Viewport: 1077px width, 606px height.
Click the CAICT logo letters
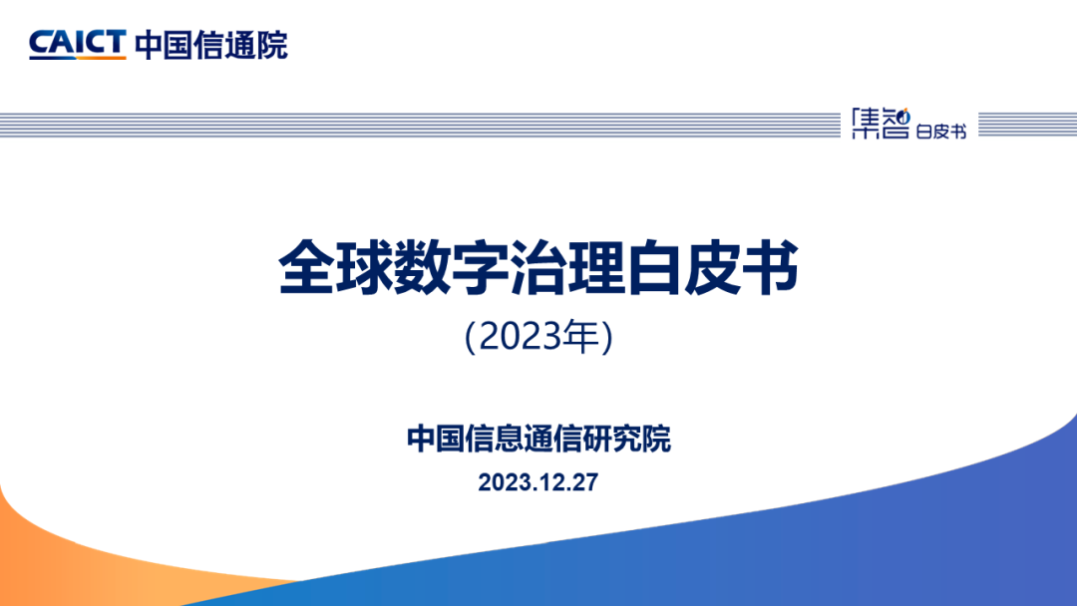click(x=78, y=42)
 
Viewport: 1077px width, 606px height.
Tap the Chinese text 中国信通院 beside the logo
click(x=211, y=45)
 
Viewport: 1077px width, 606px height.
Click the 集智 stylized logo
click(x=881, y=123)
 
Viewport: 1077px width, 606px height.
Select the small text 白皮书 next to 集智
click(x=941, y=131)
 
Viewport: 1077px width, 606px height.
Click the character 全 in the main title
click(x=306, y=268)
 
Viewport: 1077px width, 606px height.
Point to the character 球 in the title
click(x=364, y=268)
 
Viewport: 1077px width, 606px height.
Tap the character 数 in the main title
click(x=422, y=268)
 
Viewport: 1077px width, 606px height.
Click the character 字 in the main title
click(x=480, y=268)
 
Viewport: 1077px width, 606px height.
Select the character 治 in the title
click(x=538, y=268)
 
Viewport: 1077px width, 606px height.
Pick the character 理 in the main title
click(x=594, y=268)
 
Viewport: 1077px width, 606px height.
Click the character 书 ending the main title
click(x=769, y=268)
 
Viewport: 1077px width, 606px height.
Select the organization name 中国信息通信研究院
click(x=538, y=439)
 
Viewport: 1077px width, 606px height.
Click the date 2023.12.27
click(x=538, y=482)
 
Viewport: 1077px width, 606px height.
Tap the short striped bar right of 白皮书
click(x=1027, y=125)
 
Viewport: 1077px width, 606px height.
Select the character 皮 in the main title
click(x=712, y=268)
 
